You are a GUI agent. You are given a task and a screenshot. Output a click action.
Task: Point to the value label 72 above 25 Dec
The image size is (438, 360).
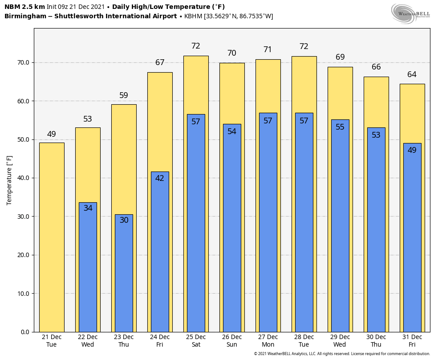tap(196, 46)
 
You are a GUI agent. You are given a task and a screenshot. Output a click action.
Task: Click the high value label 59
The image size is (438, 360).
tap(124, 95)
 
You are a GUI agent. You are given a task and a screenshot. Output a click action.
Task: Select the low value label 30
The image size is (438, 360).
tap(124, 220)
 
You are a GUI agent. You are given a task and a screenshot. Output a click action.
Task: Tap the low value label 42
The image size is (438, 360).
tap(160, 178)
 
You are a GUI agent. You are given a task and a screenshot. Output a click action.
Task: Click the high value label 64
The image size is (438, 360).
tap(412, 74)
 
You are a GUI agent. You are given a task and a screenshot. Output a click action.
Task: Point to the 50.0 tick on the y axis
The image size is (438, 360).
tap(24, 139)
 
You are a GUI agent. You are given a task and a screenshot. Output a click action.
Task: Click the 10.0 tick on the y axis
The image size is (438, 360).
tap(24, 294)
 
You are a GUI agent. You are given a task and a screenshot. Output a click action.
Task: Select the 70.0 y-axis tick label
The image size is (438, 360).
tap(24, 62)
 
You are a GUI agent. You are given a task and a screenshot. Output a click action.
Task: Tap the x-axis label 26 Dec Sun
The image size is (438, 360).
tap(232, 341)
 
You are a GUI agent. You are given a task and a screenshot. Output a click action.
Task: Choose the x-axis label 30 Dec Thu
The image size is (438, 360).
tap(376, 341)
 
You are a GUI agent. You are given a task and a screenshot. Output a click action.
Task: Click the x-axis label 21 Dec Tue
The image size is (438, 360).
tap(52, 341)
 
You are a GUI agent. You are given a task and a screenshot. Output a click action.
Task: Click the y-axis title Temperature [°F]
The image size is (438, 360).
tap(9, 180)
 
